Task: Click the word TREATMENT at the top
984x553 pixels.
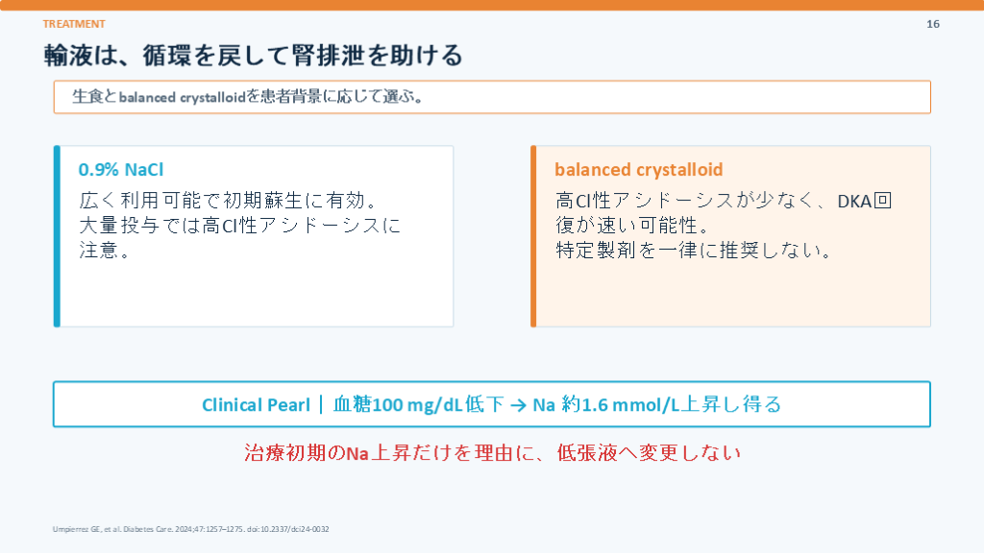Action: [74, 24]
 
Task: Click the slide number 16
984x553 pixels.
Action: [932, 24]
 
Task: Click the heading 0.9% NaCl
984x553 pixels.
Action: [120, 169]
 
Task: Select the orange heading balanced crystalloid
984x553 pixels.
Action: [638, 169]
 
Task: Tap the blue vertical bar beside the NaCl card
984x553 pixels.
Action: [57, 236]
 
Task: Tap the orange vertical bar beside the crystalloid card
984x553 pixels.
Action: [533, 236]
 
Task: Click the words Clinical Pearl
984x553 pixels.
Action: [256, 405]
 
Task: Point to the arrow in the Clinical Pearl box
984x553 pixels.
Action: [518, 405]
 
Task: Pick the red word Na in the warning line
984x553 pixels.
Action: [357, 453]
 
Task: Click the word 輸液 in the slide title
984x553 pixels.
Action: [68, 55]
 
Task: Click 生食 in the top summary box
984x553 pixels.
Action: [87, 97]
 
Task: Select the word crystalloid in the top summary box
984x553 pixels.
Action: [212, 97]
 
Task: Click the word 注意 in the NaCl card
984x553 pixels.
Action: [99, 251]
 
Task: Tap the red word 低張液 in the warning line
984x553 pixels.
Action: [587, 453]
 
